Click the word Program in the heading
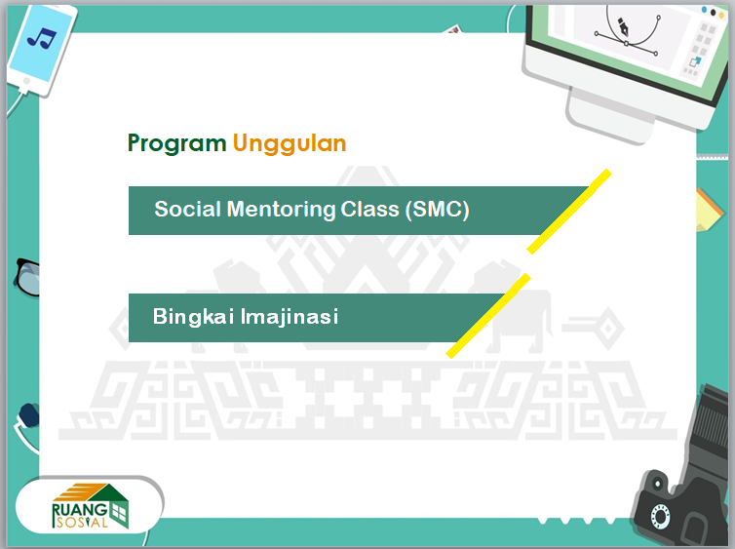[176, 144]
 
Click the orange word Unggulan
[290, 144]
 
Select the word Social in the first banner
[187, 209]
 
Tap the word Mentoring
[281, 210]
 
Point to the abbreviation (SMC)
[438, 210]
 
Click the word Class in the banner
[369, 209]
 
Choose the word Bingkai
[193, 317]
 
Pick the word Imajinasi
[290, 317]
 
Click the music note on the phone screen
[42, 38]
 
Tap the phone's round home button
[26, 81]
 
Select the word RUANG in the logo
[80, 510]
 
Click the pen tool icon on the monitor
[624, 27]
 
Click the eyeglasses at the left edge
[27, 277]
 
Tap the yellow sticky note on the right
[709, 211]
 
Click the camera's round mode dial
[660, 516]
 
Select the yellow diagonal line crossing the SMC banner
[569, 212]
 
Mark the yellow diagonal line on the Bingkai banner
[488, 316]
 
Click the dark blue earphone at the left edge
[29, 415]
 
